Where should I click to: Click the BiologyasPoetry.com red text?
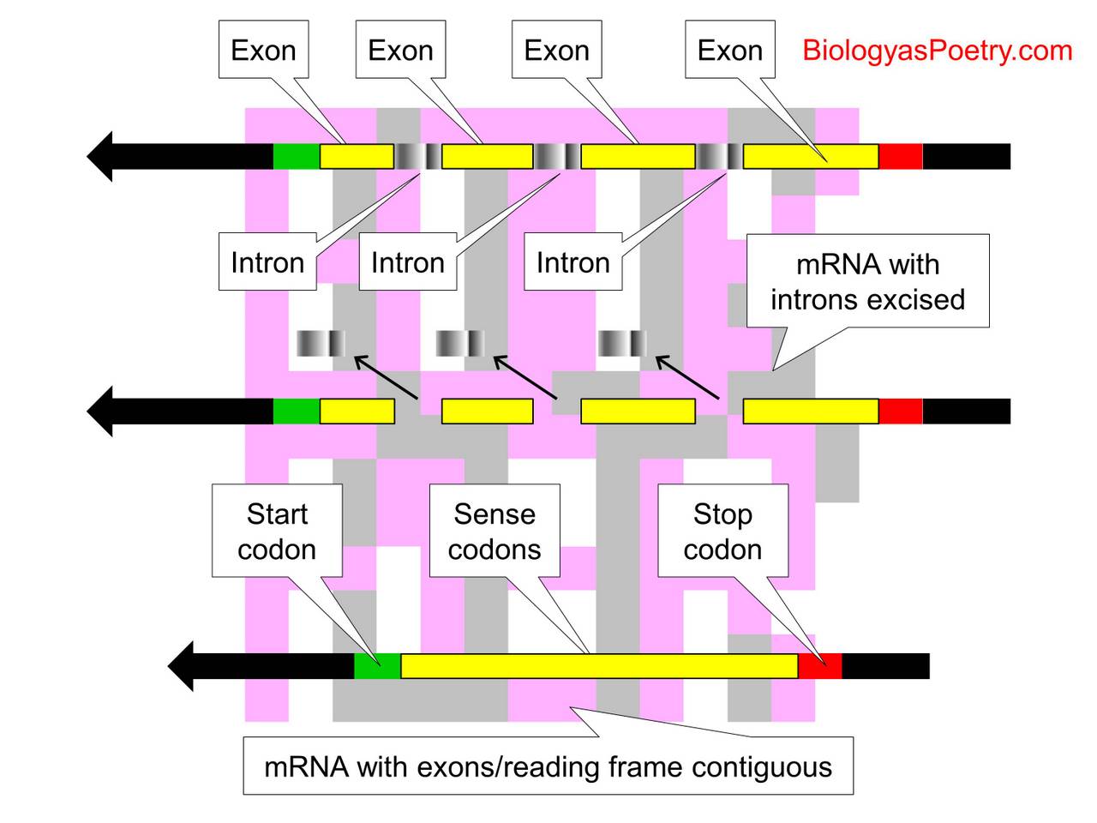tap(937, 51)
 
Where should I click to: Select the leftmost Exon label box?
tap(263, 51)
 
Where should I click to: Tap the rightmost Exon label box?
tap(729, 51)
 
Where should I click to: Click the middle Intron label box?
tap(407, 262)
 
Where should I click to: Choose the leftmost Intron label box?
tap(267, 262)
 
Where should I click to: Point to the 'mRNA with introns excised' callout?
tap(867, 281)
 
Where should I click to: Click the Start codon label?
tap(277, 531)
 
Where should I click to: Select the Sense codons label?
tap(495, 531)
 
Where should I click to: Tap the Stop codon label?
tap(722, 531)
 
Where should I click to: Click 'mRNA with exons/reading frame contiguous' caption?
tap(548, 766)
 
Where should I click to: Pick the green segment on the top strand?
tap(297, 156)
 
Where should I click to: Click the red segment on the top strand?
tap(901, 156)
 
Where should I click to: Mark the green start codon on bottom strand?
tap(377, 666)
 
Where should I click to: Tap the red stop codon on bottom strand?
tap(820, 666)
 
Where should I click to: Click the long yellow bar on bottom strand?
tap(599, 666)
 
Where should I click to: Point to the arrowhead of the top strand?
tap(101, 156)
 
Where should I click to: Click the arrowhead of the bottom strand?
tap(182, 666)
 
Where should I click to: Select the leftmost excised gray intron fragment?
tap(321, 343)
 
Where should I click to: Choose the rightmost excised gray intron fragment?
tap(621, 343)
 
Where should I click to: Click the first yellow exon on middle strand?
tap(357, 411)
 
